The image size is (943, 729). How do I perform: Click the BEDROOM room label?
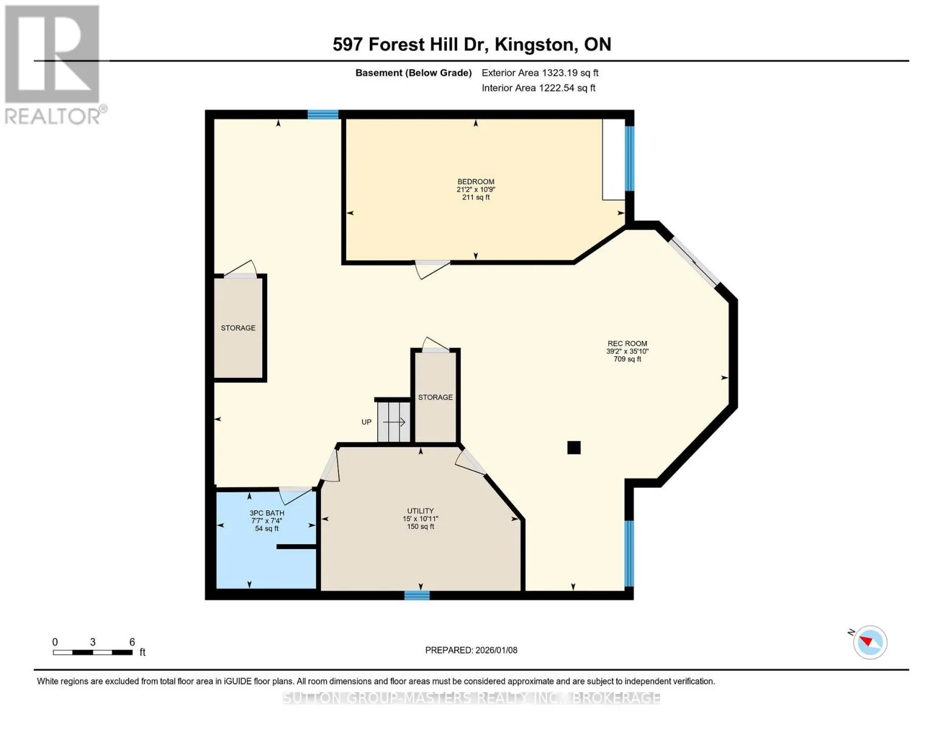tap(475, 182)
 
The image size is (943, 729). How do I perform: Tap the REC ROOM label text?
tap(627, 343)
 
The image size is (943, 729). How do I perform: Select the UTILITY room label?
tap(420, 511)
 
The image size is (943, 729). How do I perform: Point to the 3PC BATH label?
tap(267, 513)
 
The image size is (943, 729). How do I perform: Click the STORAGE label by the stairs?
tap(435, 397)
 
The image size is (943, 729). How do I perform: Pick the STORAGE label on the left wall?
tap(238, 328)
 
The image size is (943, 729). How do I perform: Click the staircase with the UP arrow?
tap(393, 422)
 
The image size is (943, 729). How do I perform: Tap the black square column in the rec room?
tap(574, 447)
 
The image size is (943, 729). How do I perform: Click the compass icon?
tap(870, 642)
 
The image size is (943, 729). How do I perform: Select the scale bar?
tap(93, 652)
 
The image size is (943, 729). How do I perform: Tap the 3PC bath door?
tap(295, 496)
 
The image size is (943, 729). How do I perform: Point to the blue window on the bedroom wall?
tap(629, 159)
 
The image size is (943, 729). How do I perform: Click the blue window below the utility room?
tap(417, 595)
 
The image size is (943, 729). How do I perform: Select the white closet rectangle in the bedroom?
tap(613, 159)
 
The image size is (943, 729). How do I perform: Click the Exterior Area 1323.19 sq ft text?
tap(540, 73)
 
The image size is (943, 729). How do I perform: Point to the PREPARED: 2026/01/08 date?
tap(471, 650)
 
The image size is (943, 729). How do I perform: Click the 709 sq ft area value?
tap(627, 359)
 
